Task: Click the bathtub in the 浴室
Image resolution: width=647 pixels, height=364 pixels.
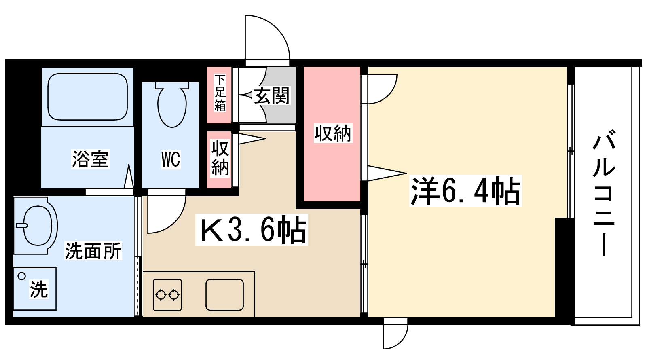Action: (x=87, y=97)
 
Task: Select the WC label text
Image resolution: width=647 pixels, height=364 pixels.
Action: (x=171, y=159)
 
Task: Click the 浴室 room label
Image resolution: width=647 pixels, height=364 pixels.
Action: (x=90, y=159)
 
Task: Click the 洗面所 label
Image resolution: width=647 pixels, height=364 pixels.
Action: (x=93, y=251)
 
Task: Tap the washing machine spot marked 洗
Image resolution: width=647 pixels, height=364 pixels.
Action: (x=39, y=290)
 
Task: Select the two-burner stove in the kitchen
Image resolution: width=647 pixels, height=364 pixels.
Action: (x=167, y=295)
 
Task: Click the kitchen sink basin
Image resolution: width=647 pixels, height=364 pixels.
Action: (x=225, y=295)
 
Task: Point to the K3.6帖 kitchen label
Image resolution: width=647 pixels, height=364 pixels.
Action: (x=252, y=230)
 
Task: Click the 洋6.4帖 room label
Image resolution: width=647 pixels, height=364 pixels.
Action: (x=465, y=191)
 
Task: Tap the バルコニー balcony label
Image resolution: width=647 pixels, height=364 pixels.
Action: (x=604, y=192)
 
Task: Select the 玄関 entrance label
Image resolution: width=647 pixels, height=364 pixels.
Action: (x=272, y=96)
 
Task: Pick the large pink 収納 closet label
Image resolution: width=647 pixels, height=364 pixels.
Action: (x=333, y=133)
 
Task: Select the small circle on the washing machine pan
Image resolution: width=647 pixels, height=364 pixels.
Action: (x=22, y=276)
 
